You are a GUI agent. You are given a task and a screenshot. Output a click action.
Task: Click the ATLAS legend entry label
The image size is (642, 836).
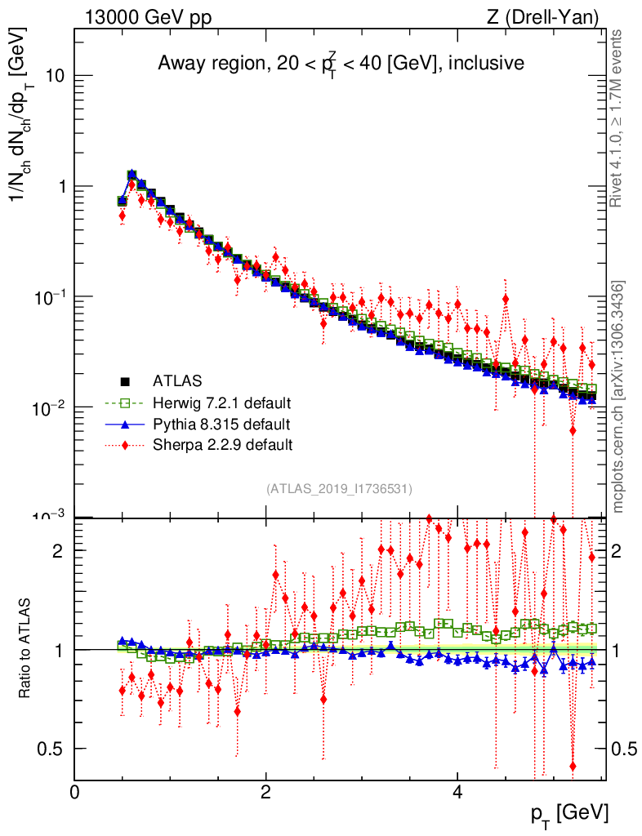click(177, 380)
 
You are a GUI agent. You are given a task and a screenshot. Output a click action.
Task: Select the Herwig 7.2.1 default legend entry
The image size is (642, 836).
click(221, 402)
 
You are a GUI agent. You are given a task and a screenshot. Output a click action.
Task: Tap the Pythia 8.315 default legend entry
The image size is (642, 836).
click(221, 424)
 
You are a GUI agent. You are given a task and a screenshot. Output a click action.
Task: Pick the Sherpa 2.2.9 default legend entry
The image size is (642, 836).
click(222, 445)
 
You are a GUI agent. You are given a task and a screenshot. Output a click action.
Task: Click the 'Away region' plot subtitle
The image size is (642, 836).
click(341, 63)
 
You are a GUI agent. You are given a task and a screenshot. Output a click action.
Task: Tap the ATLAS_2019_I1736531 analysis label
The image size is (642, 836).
click(339, 489)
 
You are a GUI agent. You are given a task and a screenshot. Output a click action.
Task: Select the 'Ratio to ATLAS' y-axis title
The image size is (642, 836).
click(25, 649)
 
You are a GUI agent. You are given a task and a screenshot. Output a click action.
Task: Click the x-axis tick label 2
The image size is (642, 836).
click(265, 793)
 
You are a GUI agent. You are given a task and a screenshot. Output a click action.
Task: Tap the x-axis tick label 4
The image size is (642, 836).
click(457, 793)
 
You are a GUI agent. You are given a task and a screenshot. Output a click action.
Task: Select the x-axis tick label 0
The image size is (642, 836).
click(74, 793)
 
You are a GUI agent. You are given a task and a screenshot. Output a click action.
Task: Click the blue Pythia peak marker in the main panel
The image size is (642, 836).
click(132, 175)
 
